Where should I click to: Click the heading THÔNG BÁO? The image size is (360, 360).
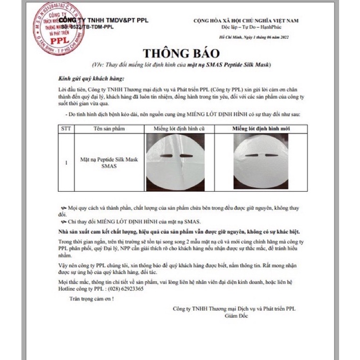click(x=181, y=54)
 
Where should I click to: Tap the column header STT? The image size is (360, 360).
click(x=66, y=128)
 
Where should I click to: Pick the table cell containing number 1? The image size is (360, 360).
click(x=66, y=163)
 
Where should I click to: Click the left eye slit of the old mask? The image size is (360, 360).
click(x=163, y=155)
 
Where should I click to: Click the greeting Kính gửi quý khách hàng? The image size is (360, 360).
click(x=84, y=80)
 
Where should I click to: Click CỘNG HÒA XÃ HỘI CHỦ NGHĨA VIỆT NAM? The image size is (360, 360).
click(x=246, y=20)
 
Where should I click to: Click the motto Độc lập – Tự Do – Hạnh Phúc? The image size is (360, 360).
click(x=246, y=27)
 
